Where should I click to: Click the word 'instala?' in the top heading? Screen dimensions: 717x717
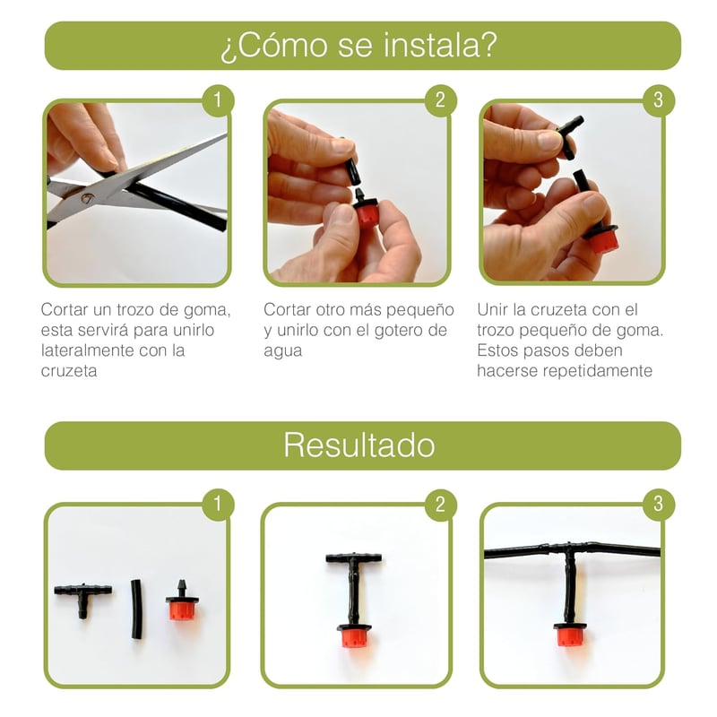click(440, 46)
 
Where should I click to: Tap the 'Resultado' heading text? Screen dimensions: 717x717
click(359, 445)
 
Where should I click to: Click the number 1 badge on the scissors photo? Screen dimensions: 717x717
click(218, 100)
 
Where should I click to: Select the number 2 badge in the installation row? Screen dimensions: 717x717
click(440, 100)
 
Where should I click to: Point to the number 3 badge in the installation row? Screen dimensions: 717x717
click(659, 100)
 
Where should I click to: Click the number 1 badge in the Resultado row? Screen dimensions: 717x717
click(218, 505)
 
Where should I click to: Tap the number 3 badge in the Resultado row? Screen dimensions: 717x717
click(659, 505)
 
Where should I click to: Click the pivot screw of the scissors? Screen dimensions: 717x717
click(86, 197)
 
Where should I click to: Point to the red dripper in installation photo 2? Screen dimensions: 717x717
click(366, 209)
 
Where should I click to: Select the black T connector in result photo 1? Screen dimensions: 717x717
click(82, 598)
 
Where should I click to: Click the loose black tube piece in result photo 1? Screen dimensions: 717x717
click(136, 609)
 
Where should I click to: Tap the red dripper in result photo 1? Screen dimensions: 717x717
click(182, 601)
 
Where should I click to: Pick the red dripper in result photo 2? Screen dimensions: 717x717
click(354, 635)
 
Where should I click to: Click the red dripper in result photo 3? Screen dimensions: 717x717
click(569, 634)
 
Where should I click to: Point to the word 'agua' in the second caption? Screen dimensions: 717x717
click(282, 351)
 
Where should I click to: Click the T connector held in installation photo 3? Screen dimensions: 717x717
click(569, 135)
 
